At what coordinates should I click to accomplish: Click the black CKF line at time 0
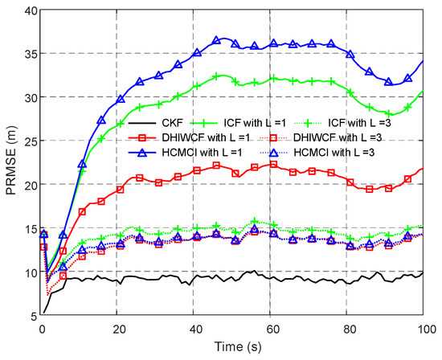[43, 312]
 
